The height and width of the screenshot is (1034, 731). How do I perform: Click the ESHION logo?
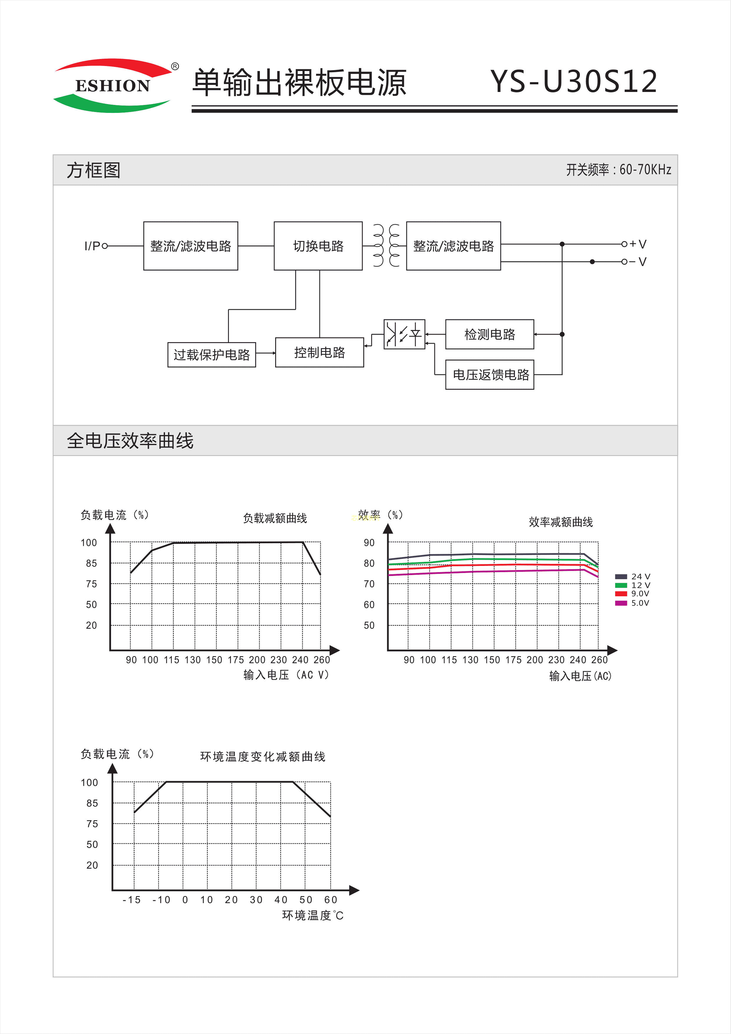click(x=113, y=85)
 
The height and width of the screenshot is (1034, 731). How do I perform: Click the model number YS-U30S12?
click(x=574, y=82)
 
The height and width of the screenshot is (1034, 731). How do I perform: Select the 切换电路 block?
click(x=318, y=246)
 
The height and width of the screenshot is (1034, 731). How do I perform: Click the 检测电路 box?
click(x=489, y=335)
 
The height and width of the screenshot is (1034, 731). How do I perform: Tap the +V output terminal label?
click(x=638, y=244)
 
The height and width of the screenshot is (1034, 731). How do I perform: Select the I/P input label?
click(x=92, y=246)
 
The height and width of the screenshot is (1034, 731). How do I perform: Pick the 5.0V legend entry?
click(x=632, y=603)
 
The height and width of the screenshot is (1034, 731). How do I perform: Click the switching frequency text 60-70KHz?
click(x=645, y=170)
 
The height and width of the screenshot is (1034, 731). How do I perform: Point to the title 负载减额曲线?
click(x=275, y=518)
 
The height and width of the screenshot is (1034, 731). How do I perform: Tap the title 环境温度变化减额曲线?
click(x=263, y=757)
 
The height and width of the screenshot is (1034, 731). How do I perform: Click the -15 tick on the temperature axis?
click(x=131, y=900)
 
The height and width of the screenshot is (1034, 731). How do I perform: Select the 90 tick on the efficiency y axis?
click(x=369, y=543)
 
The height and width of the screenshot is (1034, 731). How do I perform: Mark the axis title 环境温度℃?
click(x=313, y=916)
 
